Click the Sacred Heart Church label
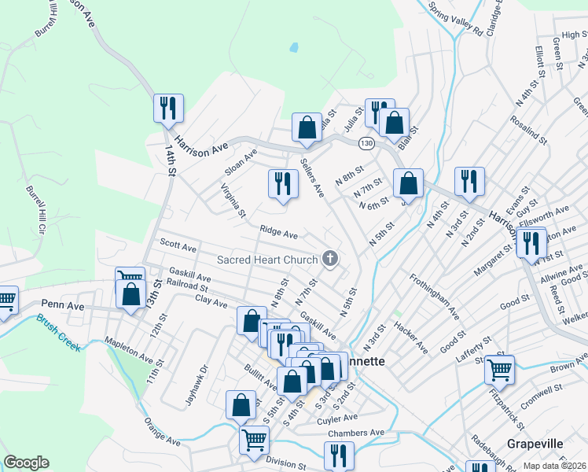[x=267, y=260]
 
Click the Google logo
[x=26, y=463]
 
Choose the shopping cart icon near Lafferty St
[x=499, y=369]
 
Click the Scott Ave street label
[x=178, y=246]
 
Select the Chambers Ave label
[x=356, y=433]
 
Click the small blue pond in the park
[x=293, y=47]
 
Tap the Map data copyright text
[x=555, y=466]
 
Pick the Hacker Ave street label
[x=412, y=336]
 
